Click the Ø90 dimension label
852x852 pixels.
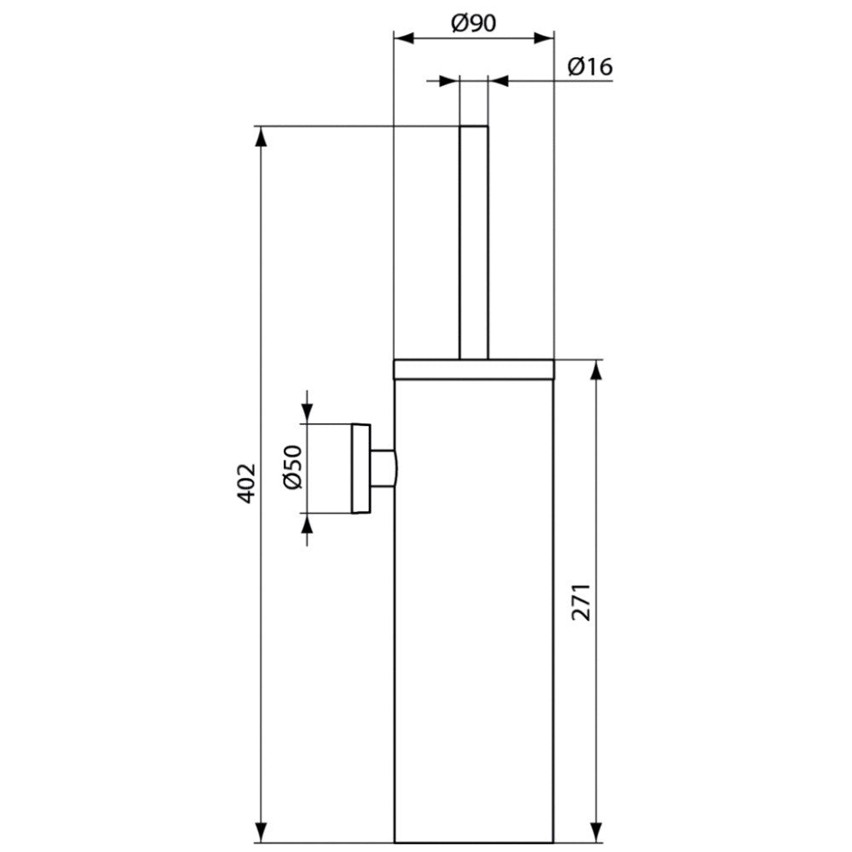pos(473,23)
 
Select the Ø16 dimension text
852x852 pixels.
pos(590,66)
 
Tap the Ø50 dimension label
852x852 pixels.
pos(292,467)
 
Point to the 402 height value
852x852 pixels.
pos(247,484)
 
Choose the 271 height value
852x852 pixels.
pos(581,602)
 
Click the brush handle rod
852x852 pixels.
pos(474,242)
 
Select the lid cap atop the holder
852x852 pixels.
pos(473,369)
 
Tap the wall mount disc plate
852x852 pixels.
pos(360,468)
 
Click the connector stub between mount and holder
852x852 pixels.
pos(383,468)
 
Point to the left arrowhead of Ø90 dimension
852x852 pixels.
pos(404,38)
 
